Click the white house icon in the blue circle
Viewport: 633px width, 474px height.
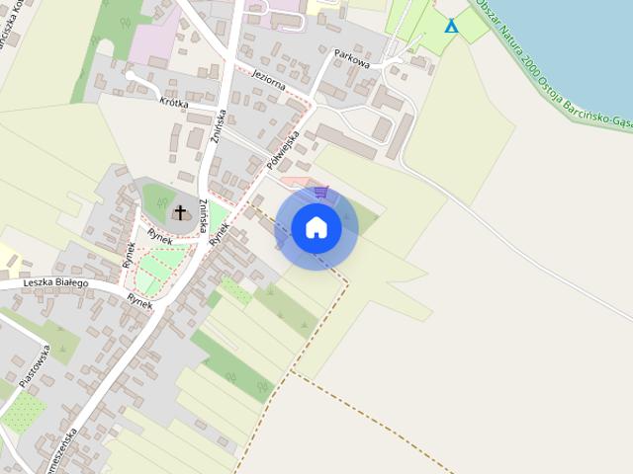316,228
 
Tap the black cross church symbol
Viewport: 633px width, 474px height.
180,211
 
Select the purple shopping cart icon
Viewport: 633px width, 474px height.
320,193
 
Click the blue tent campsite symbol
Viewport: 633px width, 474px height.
451,26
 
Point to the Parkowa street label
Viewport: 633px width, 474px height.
352,58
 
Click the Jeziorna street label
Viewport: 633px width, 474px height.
269,80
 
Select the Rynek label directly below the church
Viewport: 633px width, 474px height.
160,234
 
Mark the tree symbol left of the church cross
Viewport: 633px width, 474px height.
160,202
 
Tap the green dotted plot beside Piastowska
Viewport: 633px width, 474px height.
22,414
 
